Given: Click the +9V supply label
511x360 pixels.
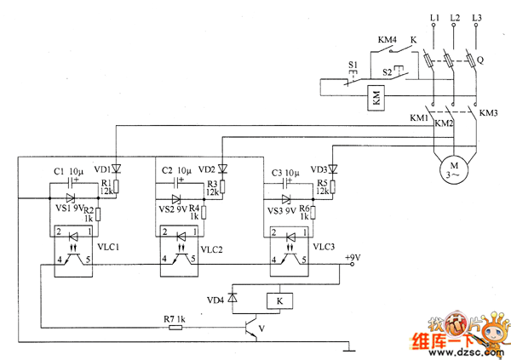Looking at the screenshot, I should point(352,258).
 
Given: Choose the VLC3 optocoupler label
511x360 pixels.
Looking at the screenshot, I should point(324,247).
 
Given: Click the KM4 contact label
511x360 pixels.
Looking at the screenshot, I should point(388,39).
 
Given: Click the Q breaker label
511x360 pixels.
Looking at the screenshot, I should point(481,60).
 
